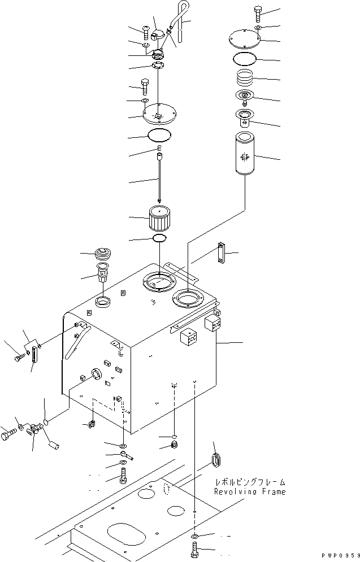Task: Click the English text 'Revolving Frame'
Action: pyautogui.click(x=249, y=492)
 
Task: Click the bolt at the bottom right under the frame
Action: pyautogui.click(x=194, y=549)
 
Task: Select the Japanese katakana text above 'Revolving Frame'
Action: pyautogui.click(x=250, y=482)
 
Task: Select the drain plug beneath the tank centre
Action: pyautogui.click(x=174, y=446)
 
